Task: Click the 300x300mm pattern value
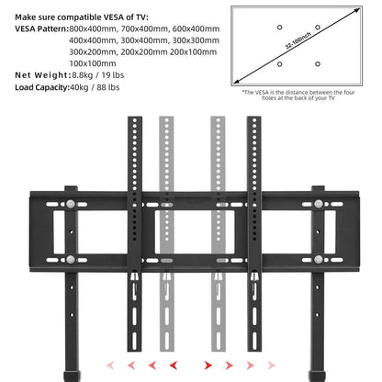click(195, 40)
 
